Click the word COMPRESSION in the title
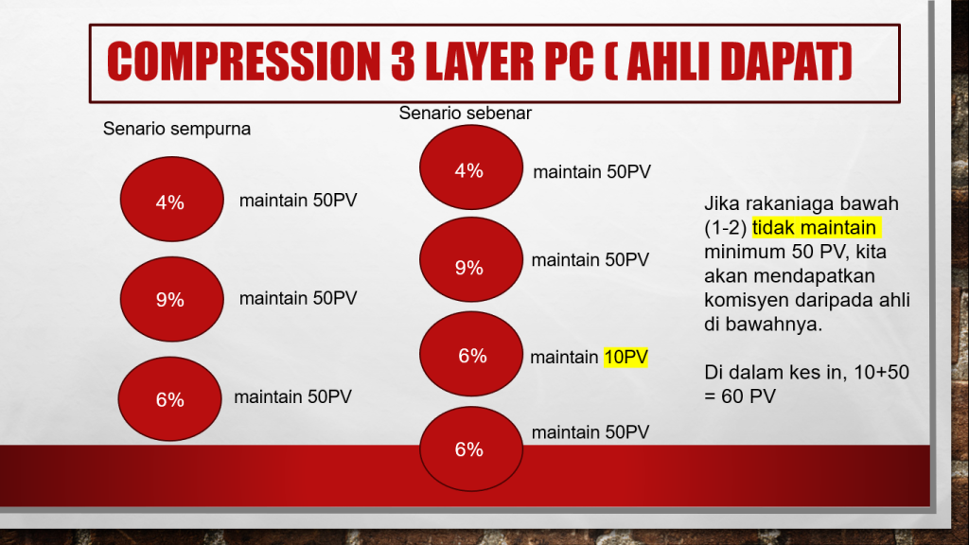(243, 62)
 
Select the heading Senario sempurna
(177, 129)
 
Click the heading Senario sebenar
(465, 114)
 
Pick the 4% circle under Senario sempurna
(172, 199)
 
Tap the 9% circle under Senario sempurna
(172, 299)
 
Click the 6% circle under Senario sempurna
(170, 398)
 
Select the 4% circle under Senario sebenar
(471, 167)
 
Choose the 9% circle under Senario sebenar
(471, 259)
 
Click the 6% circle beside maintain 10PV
(471, 354)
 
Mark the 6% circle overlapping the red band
(471, 448)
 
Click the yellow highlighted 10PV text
(626, 357)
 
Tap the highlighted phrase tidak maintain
(814, 228)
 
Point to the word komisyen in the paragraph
(747, 300)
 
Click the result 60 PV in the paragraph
(749, 396)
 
